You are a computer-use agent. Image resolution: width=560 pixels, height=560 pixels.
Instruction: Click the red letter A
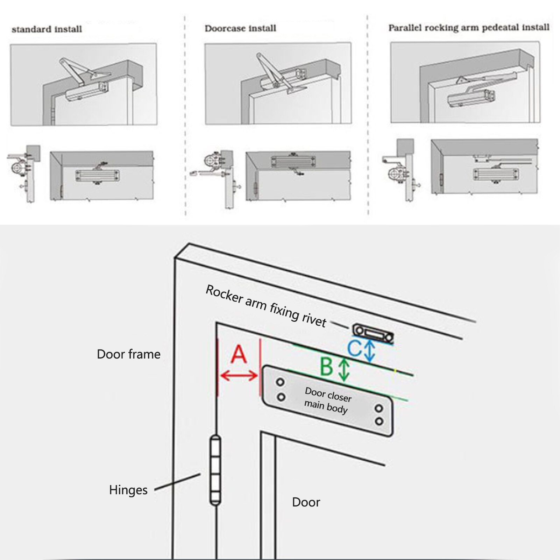point(239,354)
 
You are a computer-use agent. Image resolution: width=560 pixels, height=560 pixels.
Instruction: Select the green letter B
point(327,367)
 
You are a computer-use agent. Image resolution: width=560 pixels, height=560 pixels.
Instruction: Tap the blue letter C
point(354,348)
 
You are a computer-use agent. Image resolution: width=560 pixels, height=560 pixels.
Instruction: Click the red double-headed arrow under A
point(239,376)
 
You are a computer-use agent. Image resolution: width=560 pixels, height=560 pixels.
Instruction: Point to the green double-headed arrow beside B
point(344,370)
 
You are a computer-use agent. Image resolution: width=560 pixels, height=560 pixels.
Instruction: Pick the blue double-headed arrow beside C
point(370,351)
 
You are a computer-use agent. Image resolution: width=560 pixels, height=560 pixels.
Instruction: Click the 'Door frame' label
point(128,354)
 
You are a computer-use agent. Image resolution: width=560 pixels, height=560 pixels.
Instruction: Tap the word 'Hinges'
point(128,490)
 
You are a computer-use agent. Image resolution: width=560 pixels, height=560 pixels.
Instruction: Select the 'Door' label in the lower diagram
point(306,502)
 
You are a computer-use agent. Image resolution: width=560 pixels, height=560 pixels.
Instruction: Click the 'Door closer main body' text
point(327,400)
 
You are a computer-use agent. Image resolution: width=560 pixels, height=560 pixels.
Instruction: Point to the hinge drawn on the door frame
point(215,470)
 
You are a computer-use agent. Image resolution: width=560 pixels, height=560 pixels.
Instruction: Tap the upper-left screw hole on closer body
point(280,382)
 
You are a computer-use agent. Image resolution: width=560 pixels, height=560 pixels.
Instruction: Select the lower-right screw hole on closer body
point(379,421)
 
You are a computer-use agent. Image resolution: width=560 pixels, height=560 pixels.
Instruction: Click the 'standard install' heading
point(47,29)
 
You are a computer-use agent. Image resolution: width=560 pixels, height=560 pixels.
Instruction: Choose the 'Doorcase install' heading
point(240,28)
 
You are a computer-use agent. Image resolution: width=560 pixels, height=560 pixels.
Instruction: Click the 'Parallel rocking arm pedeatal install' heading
point(469,28)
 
